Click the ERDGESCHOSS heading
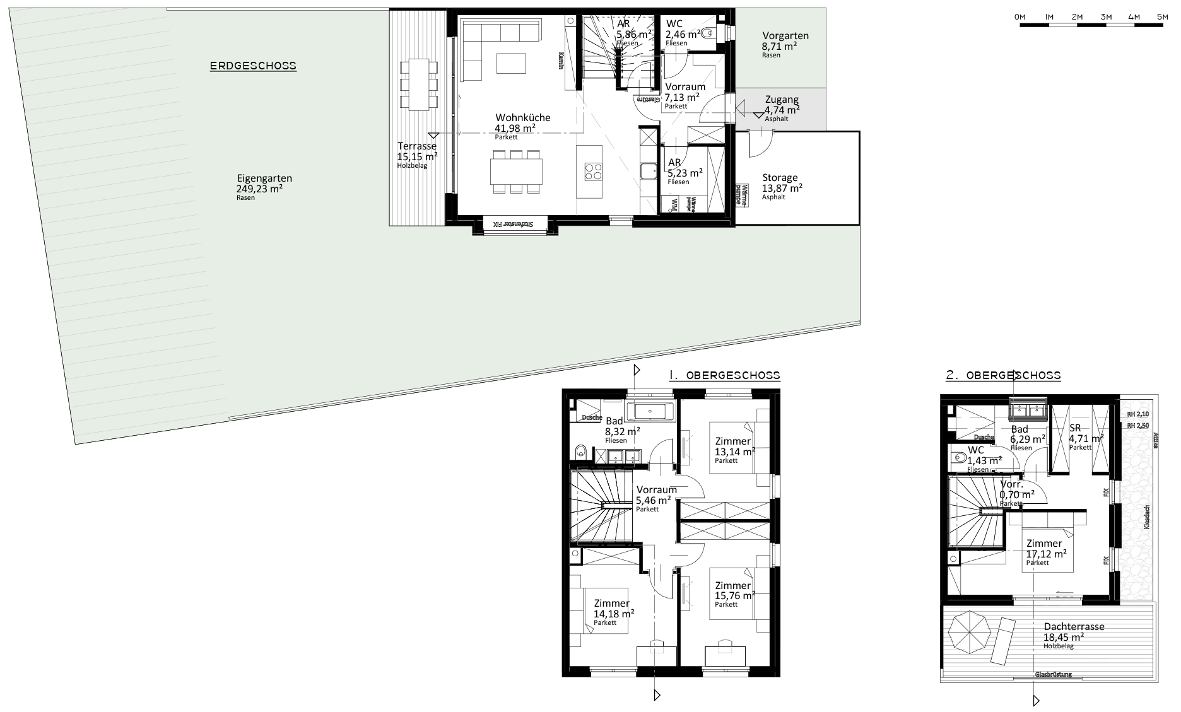253,66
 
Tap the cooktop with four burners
594,172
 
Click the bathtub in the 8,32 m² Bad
653,412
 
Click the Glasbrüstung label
1053,674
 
